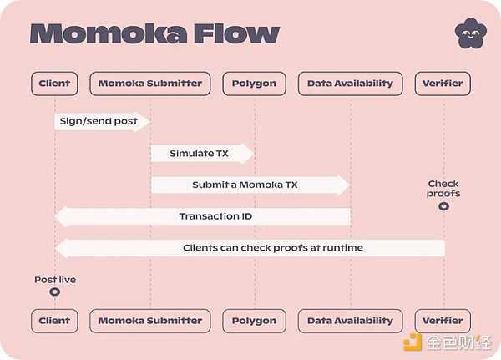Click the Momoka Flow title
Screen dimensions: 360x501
pos(154,33)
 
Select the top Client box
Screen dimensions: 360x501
pos(54,84)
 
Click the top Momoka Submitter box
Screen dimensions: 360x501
pos(150,84)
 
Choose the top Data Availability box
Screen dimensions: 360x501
pos(350,84)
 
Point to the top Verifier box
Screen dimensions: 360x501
pos(443,84)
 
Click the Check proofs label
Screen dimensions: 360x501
pos(443,189)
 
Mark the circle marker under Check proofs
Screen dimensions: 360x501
pos(443,205)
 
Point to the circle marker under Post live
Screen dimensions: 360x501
pos(54,292)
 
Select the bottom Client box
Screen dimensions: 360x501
pos(54,320)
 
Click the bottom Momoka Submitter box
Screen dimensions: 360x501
pos(150,320)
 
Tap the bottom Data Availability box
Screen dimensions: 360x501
pos(350,320)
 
